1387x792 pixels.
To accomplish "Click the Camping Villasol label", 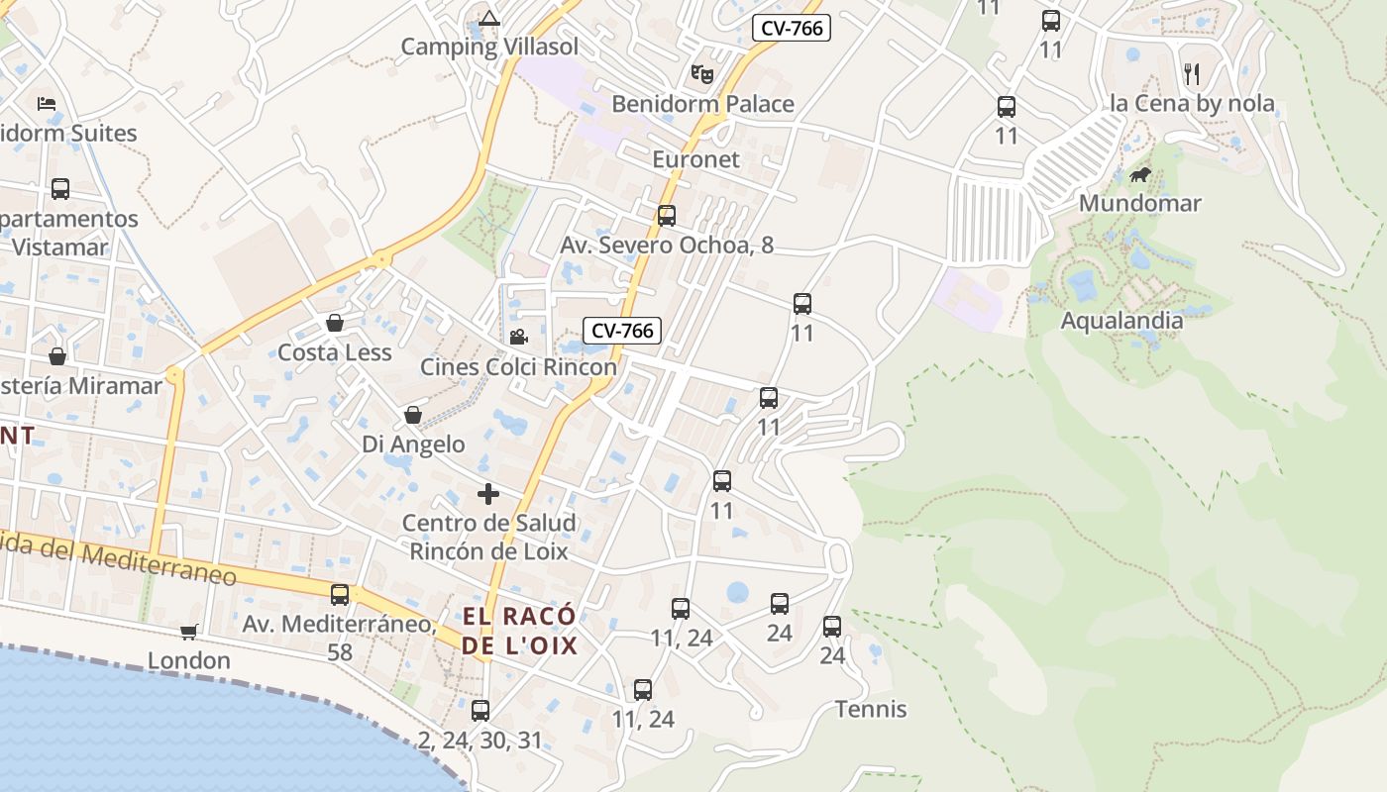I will [489, 47].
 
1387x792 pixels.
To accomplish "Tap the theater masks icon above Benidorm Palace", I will [702, 73].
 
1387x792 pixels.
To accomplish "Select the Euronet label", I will [695, 159].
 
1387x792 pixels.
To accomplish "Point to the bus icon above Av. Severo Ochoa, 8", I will [667, 215].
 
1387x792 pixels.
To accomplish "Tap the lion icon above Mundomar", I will [1140, 175].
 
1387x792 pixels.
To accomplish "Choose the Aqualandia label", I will [1121, 320].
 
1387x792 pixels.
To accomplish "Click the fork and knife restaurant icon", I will [1192, 73].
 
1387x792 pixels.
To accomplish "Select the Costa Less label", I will [335, 352].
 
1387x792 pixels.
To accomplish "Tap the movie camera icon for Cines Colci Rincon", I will [518, 337].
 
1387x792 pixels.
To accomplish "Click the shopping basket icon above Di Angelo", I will [413, 415].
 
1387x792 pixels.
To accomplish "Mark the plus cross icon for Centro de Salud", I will [488, 493].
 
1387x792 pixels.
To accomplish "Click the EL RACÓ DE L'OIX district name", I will [519, 631].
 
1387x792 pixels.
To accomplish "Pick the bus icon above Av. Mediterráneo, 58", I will [340, 594].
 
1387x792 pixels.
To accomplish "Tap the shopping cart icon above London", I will [189, 632].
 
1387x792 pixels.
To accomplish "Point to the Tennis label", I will [871, 709].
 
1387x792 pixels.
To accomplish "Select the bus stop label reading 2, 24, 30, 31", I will [480, 740].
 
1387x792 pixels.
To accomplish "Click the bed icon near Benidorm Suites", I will [47, 103].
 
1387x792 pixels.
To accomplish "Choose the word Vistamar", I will [59, 247].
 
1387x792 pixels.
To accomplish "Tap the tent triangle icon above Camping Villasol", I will [489, 18].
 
